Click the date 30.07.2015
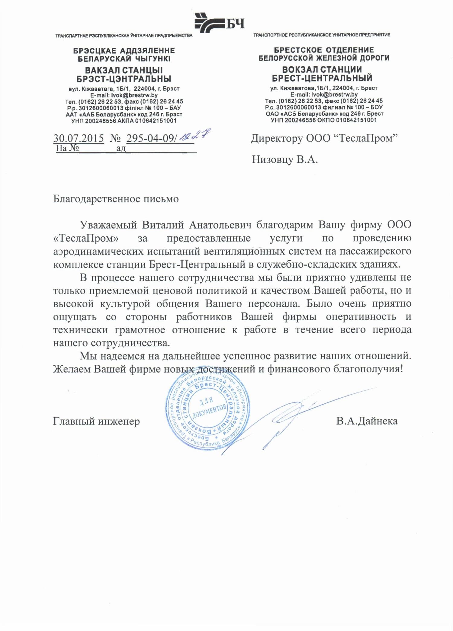tap(79, 138)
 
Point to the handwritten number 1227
tap(195, 135)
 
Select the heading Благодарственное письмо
tap(116, 199)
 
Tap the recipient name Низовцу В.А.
tap(285, 159)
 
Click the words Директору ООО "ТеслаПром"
tap(324, 138)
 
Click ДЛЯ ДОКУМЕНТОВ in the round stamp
tap(208, 407)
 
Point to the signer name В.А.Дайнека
tap(367, 421)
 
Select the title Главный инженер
tap(96, 421)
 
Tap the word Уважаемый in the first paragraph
tap(108, 225)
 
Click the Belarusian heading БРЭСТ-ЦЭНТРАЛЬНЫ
tap(124, 79)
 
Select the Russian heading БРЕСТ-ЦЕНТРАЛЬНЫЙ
tap(322, 78)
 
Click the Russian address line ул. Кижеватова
tap(324, 88)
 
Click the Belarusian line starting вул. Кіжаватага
tap(124, 89)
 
